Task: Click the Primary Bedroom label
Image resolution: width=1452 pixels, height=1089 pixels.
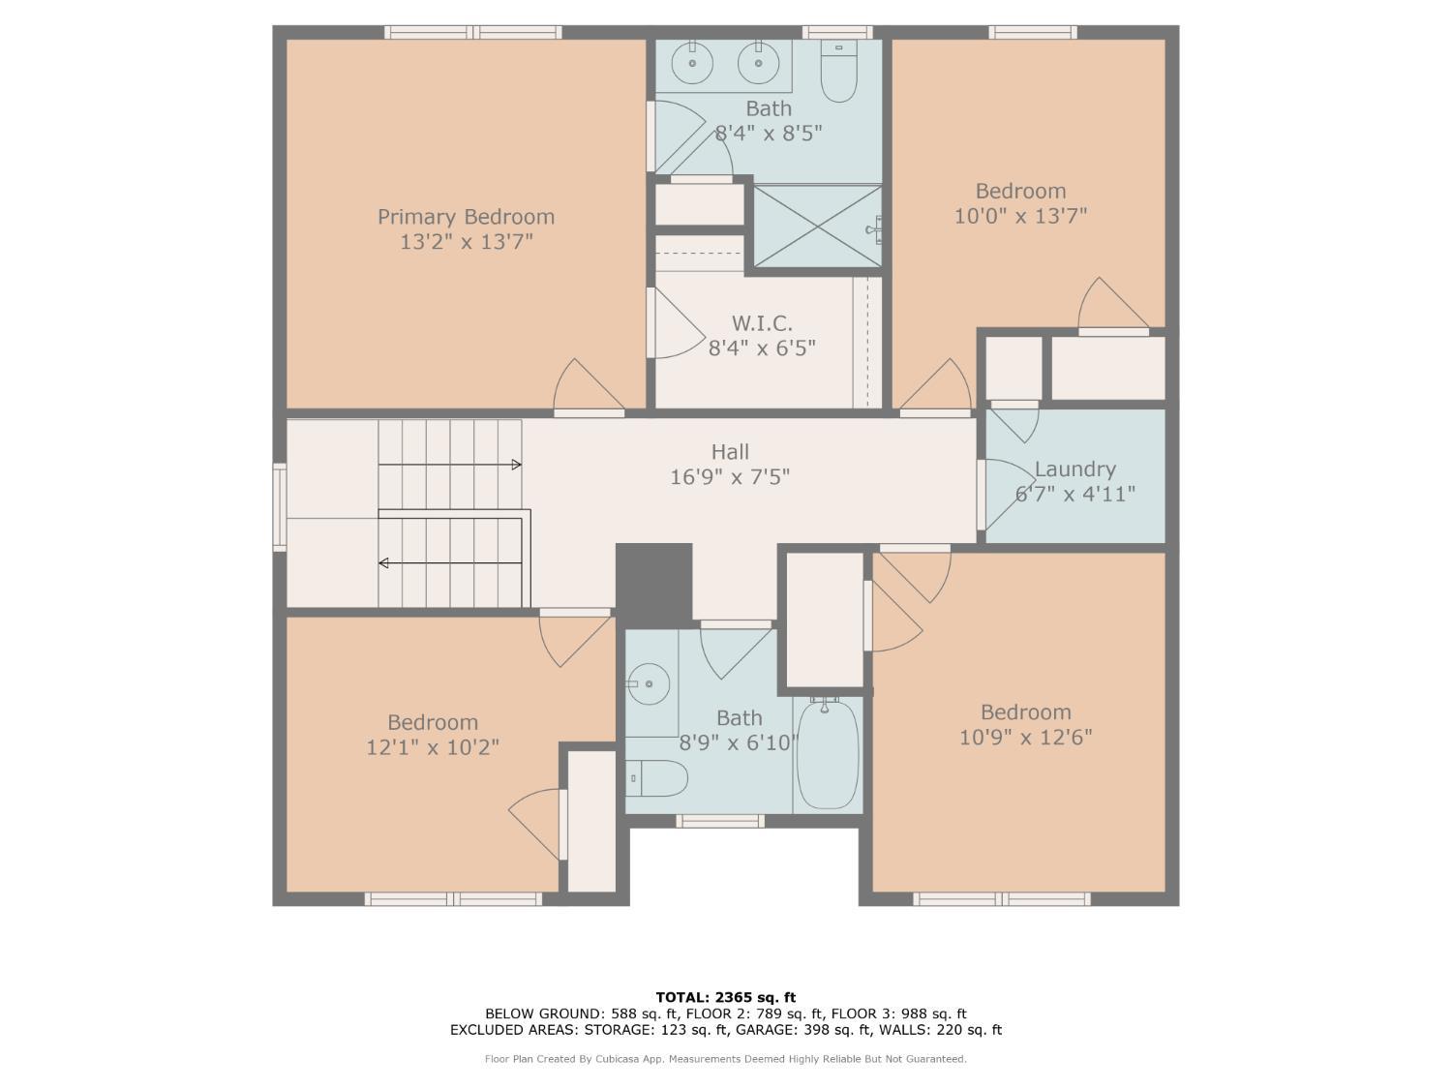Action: click(466, 217)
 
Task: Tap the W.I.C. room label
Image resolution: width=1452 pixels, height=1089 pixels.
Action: click(762, 323)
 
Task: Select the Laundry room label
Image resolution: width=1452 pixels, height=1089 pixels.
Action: click(1074, 469)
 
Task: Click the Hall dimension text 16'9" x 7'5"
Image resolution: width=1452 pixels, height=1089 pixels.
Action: click(730, 477)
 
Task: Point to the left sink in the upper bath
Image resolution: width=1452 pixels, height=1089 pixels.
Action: click(693, 64)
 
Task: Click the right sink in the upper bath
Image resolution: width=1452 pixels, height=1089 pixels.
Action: click(759, 64)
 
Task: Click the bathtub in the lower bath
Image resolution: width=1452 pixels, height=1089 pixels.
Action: click(828, 755)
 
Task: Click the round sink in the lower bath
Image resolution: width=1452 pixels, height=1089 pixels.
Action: click(650, 684)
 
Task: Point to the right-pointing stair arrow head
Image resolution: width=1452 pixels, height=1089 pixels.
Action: click(516, 465)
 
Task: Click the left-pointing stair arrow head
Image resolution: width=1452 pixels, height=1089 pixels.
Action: click(384, 562)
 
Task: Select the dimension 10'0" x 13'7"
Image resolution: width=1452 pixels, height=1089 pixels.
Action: click(1020, 216)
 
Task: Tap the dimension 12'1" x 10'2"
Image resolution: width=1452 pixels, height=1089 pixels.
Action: click(433, 747)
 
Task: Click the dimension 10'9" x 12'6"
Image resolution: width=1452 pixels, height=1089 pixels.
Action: click(1025, 738)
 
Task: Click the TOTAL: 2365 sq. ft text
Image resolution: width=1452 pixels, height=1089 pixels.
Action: click(725, 997)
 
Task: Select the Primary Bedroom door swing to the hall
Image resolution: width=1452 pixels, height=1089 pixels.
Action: click(587, 387)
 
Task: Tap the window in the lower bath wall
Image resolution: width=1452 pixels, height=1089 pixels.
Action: click(719, 821)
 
